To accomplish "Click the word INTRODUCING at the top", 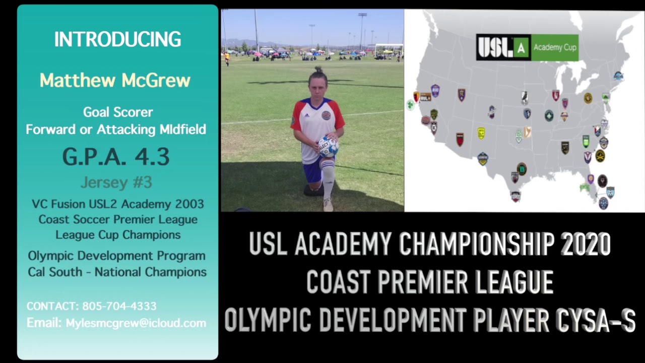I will point(117,40).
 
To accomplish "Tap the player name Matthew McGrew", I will point(115,80).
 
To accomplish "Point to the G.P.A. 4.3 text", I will point(116,157).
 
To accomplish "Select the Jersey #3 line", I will point(116,182).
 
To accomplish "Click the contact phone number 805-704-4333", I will point(119,306).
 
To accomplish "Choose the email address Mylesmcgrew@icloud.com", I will point(136,323).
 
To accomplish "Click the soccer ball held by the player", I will point(328,146).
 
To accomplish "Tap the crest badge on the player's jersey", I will point(326,115).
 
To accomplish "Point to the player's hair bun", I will point(318,69).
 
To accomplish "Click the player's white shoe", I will point(328,204).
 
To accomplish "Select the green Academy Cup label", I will point(555,47).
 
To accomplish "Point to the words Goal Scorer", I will point(118,112).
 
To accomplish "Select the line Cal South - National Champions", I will point(117,272).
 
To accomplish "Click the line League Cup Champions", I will point(118,234).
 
